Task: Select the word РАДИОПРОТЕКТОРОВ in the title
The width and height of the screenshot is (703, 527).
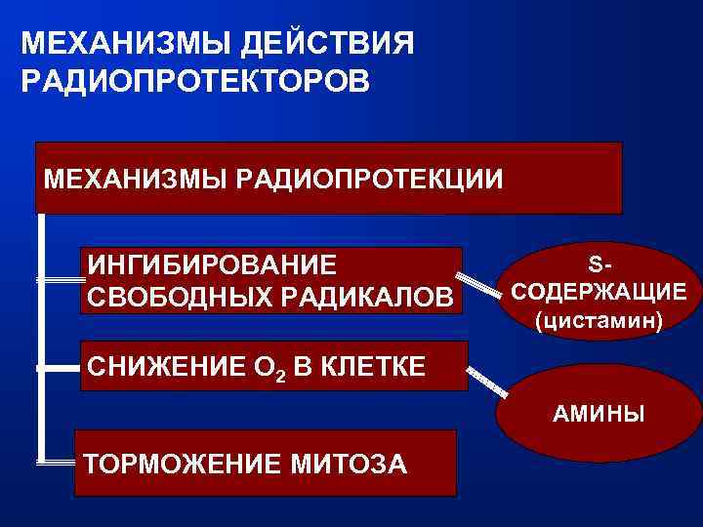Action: (x=195, y=80)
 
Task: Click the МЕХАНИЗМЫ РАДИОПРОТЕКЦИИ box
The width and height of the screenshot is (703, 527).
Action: (x=328, y=178)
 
